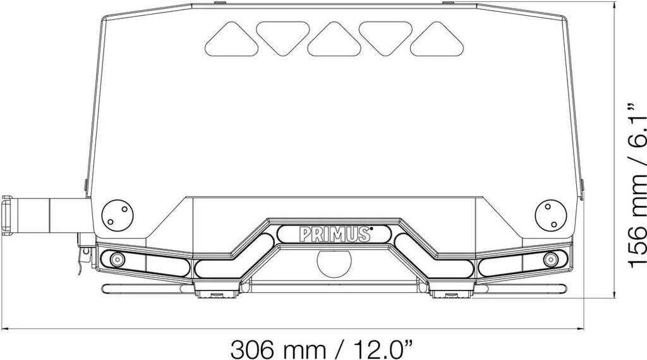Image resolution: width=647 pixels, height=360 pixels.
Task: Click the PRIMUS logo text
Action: tap(334, 234)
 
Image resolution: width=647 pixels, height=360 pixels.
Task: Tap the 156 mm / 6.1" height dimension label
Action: tap(636, 185)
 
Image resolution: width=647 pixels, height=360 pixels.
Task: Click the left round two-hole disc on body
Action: tap(118, 215)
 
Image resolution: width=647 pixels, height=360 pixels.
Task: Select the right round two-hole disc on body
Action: tap(551, 215)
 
